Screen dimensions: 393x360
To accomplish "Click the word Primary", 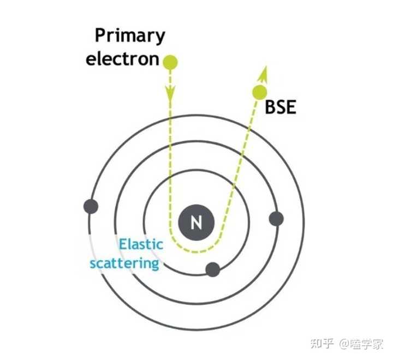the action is [130, 35].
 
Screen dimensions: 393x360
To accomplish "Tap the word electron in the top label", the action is [122, 58].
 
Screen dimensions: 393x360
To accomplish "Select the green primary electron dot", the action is [171, 62].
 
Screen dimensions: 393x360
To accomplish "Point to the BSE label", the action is [280, 107].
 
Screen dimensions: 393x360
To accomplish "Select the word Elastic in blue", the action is [141, 244].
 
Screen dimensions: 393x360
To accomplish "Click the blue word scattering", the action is [124, 263].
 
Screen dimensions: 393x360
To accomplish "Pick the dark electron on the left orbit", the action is [90, 206].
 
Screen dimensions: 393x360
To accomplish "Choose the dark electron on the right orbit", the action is [276, 219].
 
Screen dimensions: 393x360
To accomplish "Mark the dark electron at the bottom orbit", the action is [212, 269].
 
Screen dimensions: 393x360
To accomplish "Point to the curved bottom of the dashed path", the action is [196, 251].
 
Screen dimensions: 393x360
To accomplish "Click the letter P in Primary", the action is [101, 35].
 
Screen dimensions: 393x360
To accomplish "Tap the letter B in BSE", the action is [270, 107].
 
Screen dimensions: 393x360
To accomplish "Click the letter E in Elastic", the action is [123, 244].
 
